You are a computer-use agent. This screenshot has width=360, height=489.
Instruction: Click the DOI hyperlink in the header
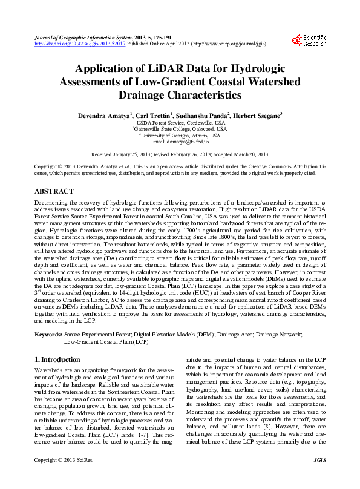pyautogui.click(x=80, y=44)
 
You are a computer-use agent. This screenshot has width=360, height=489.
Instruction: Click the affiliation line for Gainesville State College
pyautogui.click(x=180, y=128)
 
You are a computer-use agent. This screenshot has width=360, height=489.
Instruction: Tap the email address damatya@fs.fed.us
pyautogui.click(x=188, y=142)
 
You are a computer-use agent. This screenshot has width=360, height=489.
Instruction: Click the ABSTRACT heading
pyautogui.click(x=55, y=189)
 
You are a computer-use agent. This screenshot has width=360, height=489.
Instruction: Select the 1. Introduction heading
pyautogui.click(x=57, y=359)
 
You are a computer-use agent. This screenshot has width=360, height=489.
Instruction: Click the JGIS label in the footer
pyautogui.click(x=319, y=478)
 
